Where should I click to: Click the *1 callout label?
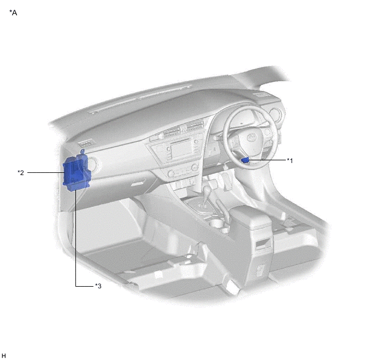coord(290,160)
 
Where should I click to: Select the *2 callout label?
coord(21,173)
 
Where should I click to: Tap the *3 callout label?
coord(98,286)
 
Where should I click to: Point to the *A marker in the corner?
coord(13,13)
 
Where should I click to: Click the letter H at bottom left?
coord(4,356)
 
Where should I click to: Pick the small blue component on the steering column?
coord(245,160)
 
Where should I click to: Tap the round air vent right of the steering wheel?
coord(278,115)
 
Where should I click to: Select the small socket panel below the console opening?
coord(261,269)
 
